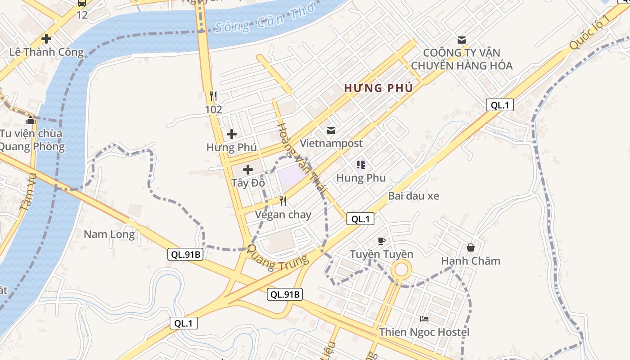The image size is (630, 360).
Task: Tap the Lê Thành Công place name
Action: [x=46, y=52]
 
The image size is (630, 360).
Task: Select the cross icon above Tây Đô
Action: [x=247, y=170]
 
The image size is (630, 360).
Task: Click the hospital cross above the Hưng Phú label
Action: [x=231, y=134]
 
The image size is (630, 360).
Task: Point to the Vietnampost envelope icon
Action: [x=331, y=130]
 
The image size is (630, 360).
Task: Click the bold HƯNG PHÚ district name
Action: [x=378, y=88]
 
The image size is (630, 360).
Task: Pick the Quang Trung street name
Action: [x=279, y=258]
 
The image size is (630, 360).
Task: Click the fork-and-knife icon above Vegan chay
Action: [x=283, y=201]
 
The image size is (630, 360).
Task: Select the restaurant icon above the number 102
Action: [x=213, y=96]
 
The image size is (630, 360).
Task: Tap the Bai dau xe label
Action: [x=414, y=196]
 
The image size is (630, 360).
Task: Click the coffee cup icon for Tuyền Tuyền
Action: [x=382, y=241]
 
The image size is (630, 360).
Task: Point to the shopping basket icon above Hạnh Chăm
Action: [x=471, y=247]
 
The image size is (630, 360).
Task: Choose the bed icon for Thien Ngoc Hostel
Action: [x=424, y=319]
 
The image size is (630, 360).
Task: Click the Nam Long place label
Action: [x=109, y=234]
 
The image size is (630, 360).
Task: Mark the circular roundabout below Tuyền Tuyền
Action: [x=400, y=270]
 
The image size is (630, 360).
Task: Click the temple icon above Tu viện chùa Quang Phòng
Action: [x=31, y=120]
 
